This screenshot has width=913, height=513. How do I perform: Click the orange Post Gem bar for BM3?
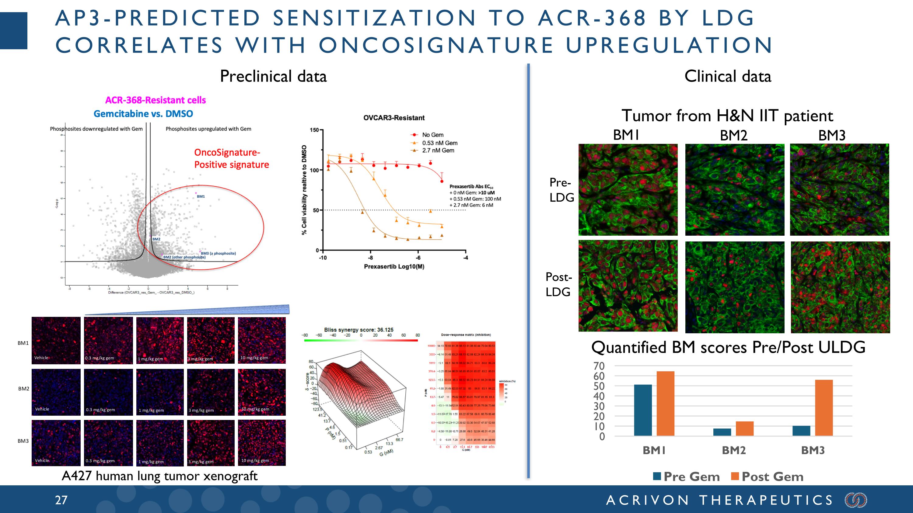[824, 407]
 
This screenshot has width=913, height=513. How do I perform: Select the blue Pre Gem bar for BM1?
[642, 410]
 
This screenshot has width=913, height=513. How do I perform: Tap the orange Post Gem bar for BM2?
[744, 428]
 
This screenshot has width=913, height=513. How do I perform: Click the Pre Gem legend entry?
[686, 477]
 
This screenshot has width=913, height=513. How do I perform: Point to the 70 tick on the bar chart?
[599, 366]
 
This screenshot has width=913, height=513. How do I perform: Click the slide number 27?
[61, 500]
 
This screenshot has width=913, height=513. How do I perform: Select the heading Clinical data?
[727, 76]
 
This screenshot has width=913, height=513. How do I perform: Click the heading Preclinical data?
[273, 76]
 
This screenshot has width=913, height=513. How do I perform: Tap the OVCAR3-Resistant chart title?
[394, 118]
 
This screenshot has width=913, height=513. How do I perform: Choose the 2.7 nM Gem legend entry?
[437, 151]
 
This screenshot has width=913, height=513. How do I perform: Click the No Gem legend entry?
[432, 135]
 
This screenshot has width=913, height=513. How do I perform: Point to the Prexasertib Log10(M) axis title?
[394, 266]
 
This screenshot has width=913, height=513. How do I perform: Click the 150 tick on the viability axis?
[314, 130]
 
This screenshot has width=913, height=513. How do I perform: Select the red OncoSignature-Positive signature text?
[231, 159]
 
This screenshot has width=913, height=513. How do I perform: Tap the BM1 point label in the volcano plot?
[201, 196]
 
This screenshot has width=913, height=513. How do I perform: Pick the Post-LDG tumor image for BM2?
[734, 287]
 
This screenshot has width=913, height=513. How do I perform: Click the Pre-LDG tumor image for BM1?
[628, 189]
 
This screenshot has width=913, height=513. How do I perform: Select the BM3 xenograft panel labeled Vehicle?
[56, 443]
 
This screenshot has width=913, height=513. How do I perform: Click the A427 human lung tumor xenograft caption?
[159, 476]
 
